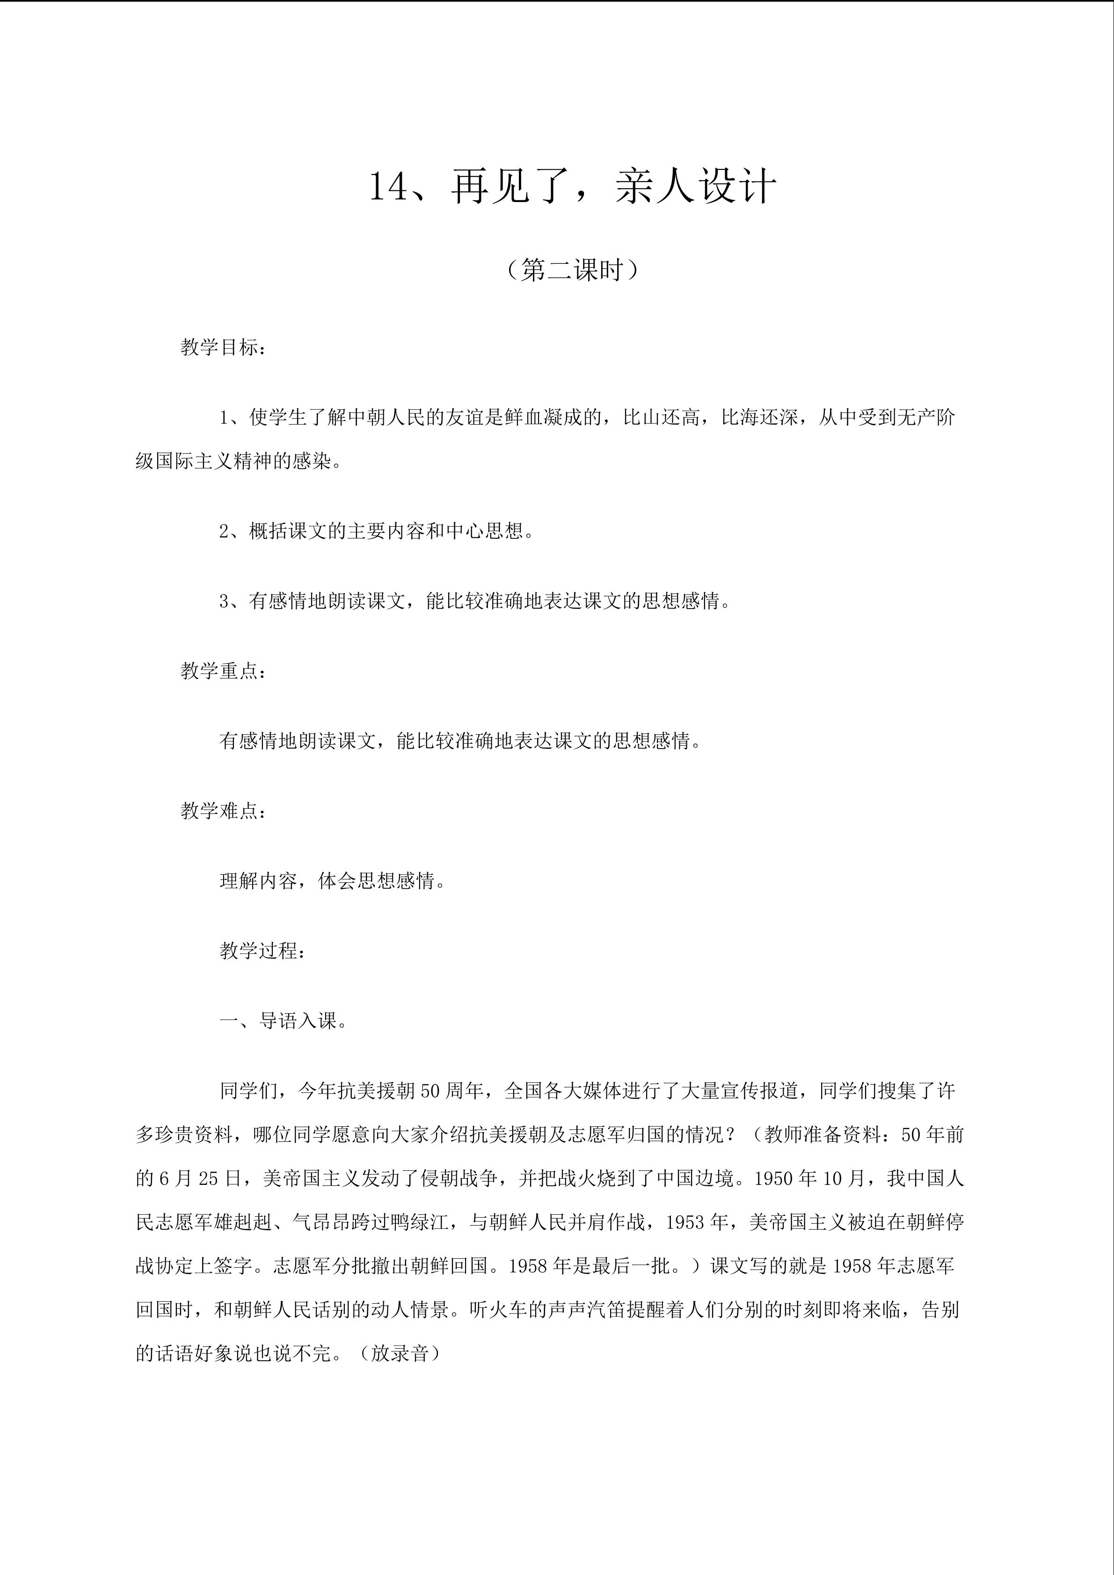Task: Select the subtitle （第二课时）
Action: click(x=573, y=270)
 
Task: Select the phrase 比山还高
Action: click(x=661, y=418)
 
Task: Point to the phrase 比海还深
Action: click(x=759, y=418)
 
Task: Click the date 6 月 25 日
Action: click(x=200, y=1178)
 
